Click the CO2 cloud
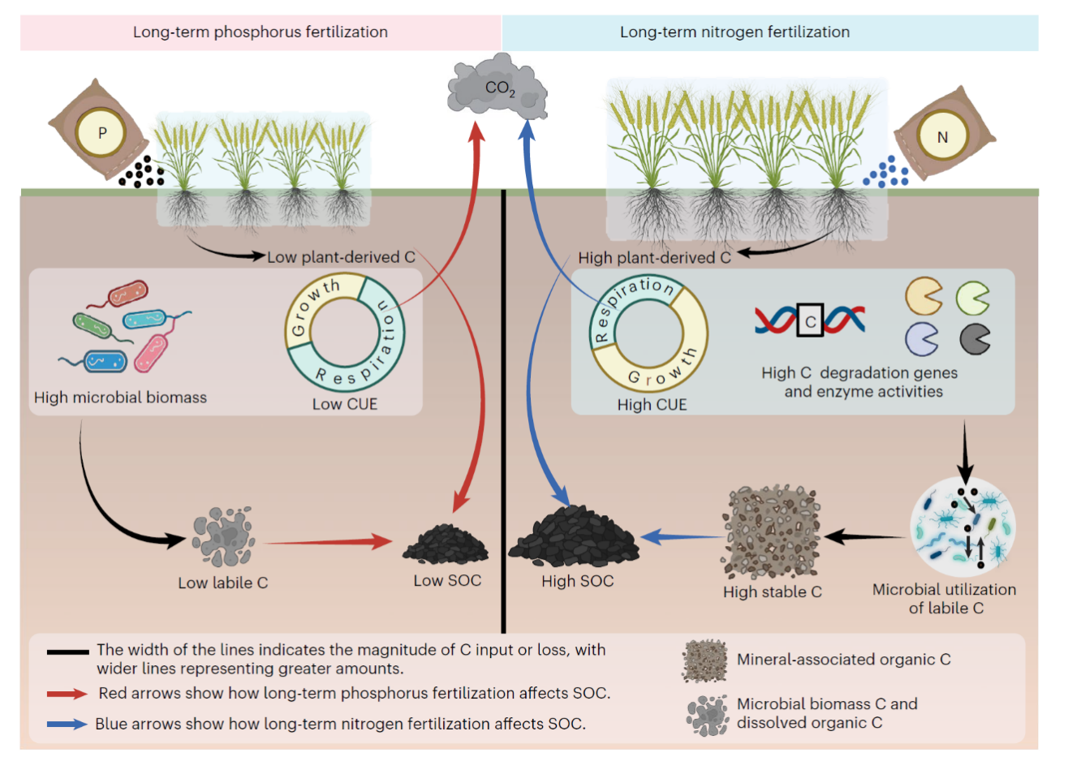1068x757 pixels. pyautogui.click(x=497, y=87)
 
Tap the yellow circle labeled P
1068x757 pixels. pyautogui.click(x=101, y=133)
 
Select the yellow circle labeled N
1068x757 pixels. pyautogui.click(x=942, y=137)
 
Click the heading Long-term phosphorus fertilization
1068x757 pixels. pyautogui.click(x=261, y=32)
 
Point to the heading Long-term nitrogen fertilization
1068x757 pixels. pyautogui.click(x=734, y=32)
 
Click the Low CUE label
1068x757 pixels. pyautogui.click(x=345, y=404)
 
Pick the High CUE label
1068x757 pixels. pyautogui.click(x=652, y=405)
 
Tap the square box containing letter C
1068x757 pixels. pyautogui.click(x=810, y=320)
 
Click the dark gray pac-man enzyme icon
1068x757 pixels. pyautogui.click(x=975, y=339)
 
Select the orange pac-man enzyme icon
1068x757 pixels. pyautogui.click(x=924, y=296)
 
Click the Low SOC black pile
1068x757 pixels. pyautogui.click(x=446, y=545)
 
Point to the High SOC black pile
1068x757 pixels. pyautogui.click(x=574, y=538)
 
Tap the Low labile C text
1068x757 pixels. pyautogui.click(x=223, y=583)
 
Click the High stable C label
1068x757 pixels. pyautogui.click(x=773, y=591)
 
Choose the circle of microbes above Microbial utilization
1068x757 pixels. pyautogui.click(x=963, y=527)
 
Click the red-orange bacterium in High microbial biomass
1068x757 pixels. pyautogui.click(x=127, y=293)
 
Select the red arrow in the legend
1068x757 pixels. pyautogui.click(x=67, y=694)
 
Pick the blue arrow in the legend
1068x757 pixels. pyautogui.click(x=67, y=724)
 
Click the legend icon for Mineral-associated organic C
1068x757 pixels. pyautogui.click(x=704, y=661)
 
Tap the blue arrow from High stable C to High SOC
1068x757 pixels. pyautogui.click(x=683, y=537)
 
